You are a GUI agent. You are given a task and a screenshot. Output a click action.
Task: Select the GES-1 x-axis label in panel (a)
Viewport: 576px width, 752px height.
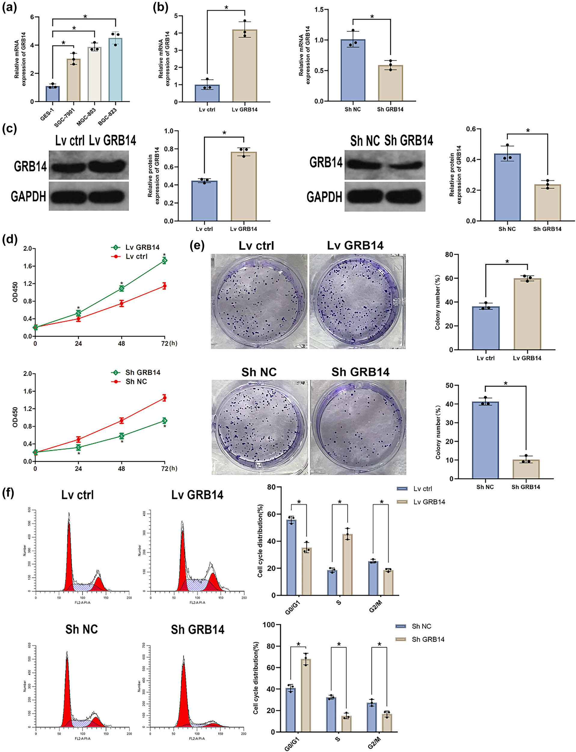click(47, 115)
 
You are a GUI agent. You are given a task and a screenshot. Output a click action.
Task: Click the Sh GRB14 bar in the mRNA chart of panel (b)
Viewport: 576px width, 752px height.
click(390, 83)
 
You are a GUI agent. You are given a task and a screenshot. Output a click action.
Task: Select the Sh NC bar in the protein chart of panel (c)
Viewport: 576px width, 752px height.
click(507, 187)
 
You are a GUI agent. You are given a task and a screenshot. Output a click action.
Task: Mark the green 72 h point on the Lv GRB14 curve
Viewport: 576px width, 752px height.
click(164, 261)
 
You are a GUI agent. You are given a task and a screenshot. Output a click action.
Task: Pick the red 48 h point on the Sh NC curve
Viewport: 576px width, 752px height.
click(122, 420)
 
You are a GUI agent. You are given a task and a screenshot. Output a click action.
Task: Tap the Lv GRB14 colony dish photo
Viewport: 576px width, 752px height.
click(357, 301)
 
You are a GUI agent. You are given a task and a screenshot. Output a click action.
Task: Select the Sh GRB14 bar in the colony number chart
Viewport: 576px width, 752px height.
click(525, 469)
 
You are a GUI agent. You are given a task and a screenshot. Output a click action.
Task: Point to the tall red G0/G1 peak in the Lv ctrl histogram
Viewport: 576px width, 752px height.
click(69, 556)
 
